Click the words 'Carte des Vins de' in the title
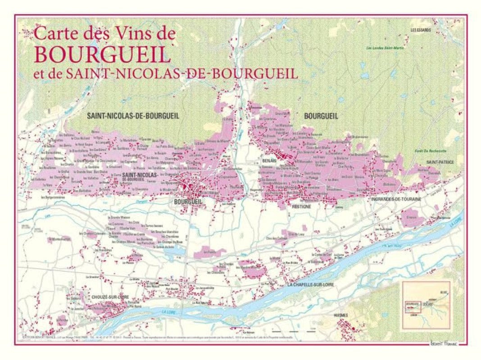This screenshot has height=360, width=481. (x=104, y=34)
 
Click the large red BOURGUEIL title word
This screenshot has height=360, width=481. (x=102, y=54)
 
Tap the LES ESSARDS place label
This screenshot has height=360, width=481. (x=420, y=30)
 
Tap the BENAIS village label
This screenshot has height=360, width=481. (x=269, y=160)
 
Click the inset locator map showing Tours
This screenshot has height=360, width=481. (x=426, y=306)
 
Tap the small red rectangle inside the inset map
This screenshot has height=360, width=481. (x=413, y=306)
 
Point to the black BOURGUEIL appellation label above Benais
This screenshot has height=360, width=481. (x=321, y=116)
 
